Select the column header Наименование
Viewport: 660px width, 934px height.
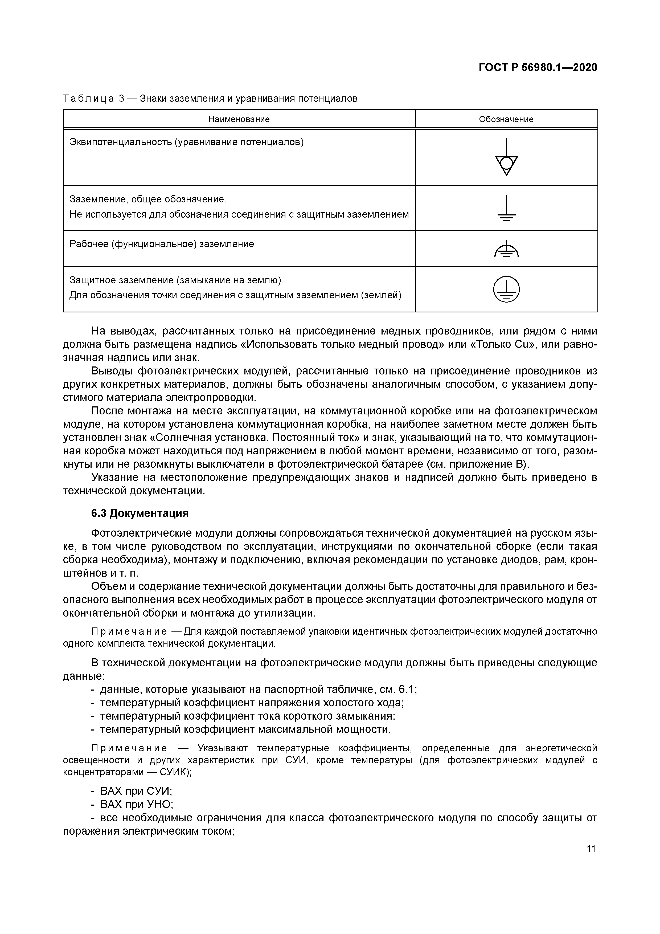click(x=239, y=119)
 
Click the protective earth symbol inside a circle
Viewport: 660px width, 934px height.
click(x=506, y=289)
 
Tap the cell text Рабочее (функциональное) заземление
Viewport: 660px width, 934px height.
click(x=161, y=244)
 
